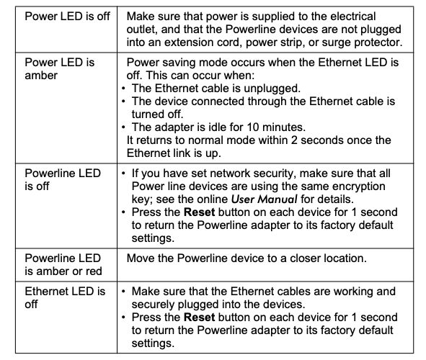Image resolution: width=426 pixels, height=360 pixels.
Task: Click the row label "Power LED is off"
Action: tap(67, 17)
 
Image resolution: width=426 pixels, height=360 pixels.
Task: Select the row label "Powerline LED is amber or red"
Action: tap(63, 264)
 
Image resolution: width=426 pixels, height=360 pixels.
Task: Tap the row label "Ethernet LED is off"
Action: tap(65, 297)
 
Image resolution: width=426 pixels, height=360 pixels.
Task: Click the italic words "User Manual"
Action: tap(264, 199)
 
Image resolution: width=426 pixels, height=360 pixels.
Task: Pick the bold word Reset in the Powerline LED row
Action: tap(200, 212)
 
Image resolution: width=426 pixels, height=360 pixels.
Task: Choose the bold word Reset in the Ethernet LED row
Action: tap(200, 317)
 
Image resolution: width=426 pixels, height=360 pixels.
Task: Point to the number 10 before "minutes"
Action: tap(253, 127)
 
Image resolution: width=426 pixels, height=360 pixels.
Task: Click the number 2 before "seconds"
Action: tap(294, 140)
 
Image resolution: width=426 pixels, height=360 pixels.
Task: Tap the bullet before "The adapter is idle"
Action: tap(123, 127)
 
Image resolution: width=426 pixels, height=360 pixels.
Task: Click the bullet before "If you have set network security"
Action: tap(123, 174)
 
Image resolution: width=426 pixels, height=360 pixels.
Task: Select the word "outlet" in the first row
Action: tap(142, 30)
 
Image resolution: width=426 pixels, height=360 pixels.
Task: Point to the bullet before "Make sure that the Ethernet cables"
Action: tap(123, 292)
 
